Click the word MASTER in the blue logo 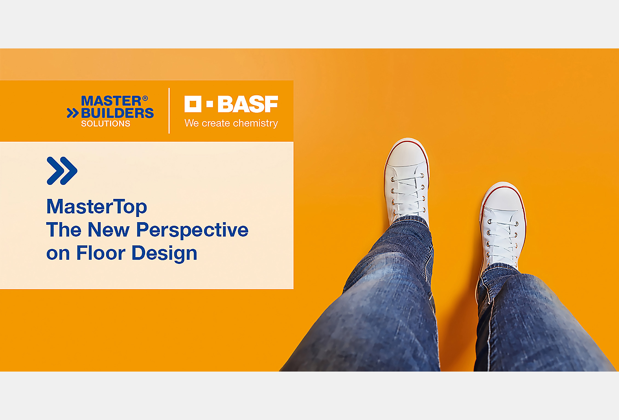point(111,101)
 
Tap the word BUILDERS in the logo point(118,113)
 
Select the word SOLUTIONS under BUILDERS point(105,124)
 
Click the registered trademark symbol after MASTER point(145,98)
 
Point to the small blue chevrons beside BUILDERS point(73,113)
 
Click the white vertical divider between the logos point(169,111)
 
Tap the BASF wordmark point(248,104)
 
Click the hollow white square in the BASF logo point(193,104)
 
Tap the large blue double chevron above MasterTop point(62,171)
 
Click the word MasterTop point(97,207)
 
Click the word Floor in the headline point(101,253)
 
